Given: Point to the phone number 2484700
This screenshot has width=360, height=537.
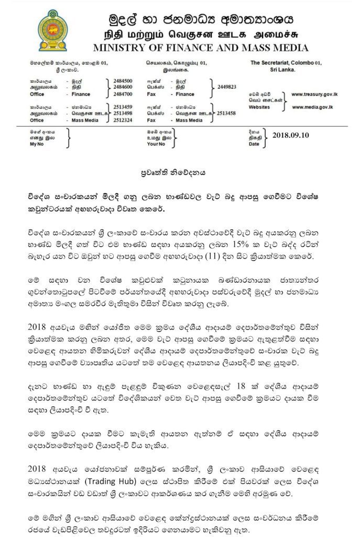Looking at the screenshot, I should (122, 94).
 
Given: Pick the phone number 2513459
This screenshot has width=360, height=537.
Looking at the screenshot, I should (122, 108).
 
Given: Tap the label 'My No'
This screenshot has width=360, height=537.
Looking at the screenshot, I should (37, 143).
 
